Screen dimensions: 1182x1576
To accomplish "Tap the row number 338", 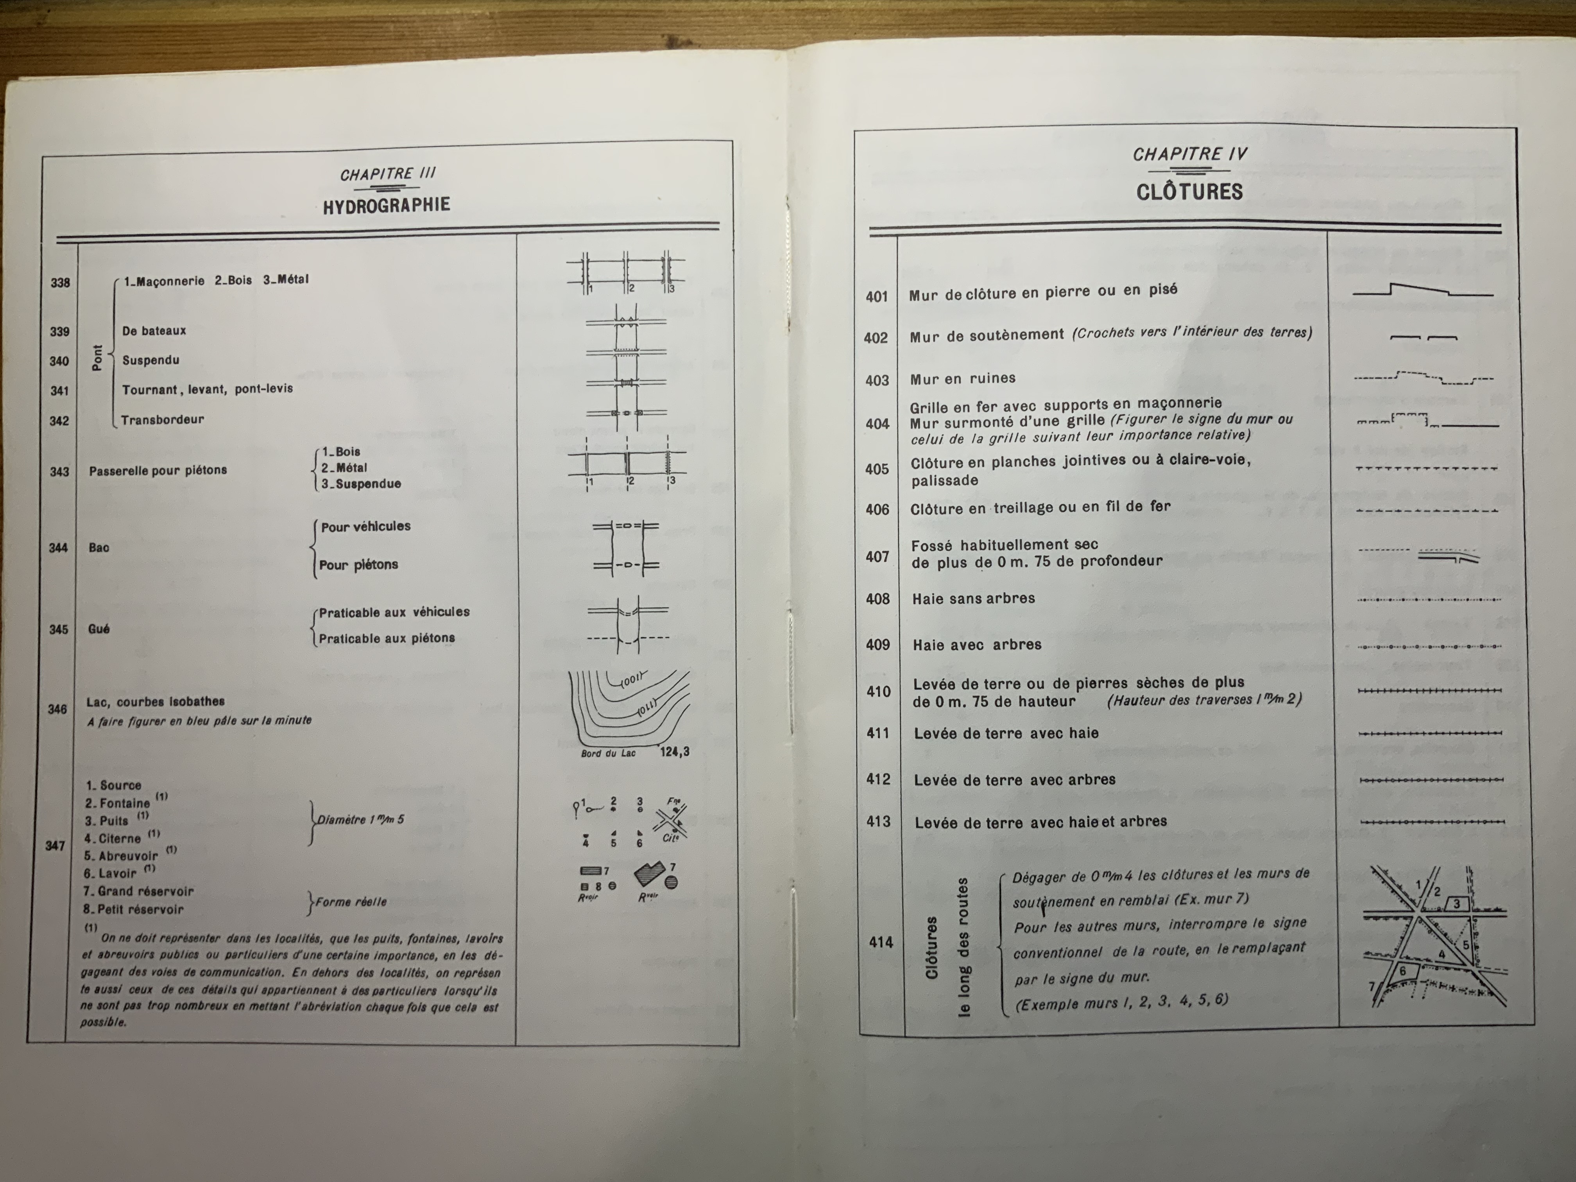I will coord(60,283).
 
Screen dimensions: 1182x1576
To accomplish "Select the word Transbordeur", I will coord(163,420).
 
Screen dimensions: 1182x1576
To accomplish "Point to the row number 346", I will coord(57,709).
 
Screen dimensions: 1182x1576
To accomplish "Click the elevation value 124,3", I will coord(674,752).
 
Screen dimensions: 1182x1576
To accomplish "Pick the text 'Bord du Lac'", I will coord(608,753).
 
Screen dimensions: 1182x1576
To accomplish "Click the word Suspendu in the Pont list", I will coord(151,360).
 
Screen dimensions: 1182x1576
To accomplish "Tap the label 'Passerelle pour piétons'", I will coord(158,470).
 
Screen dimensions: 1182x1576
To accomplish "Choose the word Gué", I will coord(99,629).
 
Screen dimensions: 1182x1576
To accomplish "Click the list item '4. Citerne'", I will coord(113,838).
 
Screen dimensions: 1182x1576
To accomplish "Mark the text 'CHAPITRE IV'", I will coord(1190,154).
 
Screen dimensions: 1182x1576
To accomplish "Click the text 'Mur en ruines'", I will coord(963,379).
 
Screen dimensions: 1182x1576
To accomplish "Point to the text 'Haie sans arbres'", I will coord(973,598).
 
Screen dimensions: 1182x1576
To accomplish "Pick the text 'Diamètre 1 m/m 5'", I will coord(360,819).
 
